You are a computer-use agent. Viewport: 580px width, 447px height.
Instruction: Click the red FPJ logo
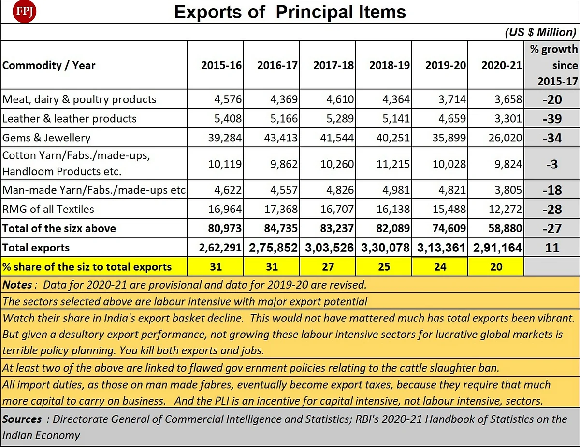coord(24,12)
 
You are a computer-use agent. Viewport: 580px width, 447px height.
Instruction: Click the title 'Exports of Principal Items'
coord(290,12)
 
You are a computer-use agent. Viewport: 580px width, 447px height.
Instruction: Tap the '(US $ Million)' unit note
coord(540,32)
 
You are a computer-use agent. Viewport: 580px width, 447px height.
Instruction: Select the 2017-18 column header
coord(333,65)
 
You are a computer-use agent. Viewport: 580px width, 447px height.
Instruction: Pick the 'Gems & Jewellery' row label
coord(46,138)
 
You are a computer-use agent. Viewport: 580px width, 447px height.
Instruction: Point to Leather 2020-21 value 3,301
coord(508,119)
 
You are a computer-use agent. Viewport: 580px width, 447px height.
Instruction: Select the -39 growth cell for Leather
coord(552,119)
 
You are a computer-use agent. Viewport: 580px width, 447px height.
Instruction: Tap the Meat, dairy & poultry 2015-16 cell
coord(228,99)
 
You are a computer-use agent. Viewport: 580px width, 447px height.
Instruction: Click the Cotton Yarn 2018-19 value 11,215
coord(393,164)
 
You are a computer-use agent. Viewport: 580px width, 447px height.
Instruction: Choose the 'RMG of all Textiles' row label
coord(48,209)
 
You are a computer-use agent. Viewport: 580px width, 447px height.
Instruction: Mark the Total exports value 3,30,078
coord(385,248)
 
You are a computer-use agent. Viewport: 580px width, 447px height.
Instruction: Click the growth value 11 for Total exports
coord(552,248)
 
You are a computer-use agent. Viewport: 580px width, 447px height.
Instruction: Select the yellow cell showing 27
coord(328,267)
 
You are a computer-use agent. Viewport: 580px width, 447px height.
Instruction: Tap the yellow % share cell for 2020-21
coord(496,267)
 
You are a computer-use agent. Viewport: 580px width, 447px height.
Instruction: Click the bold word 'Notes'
coord(17,285)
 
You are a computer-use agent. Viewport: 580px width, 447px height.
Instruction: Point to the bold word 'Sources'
coord(22,419)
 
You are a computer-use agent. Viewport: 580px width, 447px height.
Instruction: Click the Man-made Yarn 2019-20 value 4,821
coord(452,190)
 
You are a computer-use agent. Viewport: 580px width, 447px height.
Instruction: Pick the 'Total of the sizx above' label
coord(59,228)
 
